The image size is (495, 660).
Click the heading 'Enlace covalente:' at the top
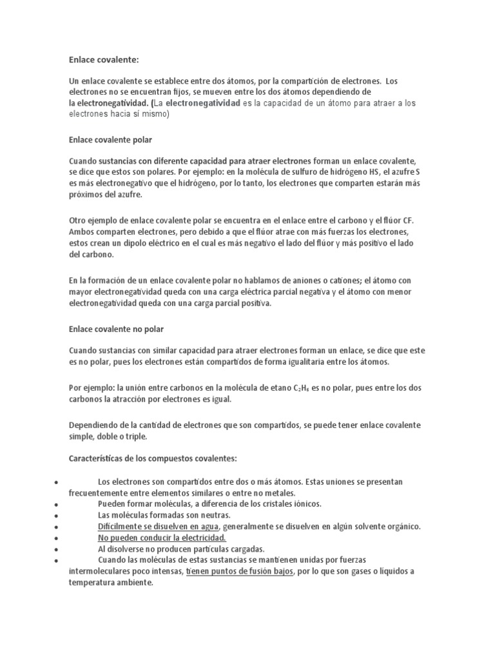pyautogui.click(x=104, y=60)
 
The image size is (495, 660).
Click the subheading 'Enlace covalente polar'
pyautogui.click(x=110, y=139)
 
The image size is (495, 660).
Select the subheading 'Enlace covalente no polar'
pyautogui.click(x=116, y=329)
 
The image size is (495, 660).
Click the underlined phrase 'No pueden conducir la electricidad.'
pyautogui.click(x=161, y=538)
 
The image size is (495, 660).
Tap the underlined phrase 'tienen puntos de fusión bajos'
pyautogui.click(x=239, y=571)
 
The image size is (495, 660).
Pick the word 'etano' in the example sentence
pyautogui.click(x=280, y=388)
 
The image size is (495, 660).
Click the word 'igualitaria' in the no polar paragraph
pyautogui.click(x=297, y=362)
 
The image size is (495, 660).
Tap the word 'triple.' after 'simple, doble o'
pyautogui.click(x=135, y=436)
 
